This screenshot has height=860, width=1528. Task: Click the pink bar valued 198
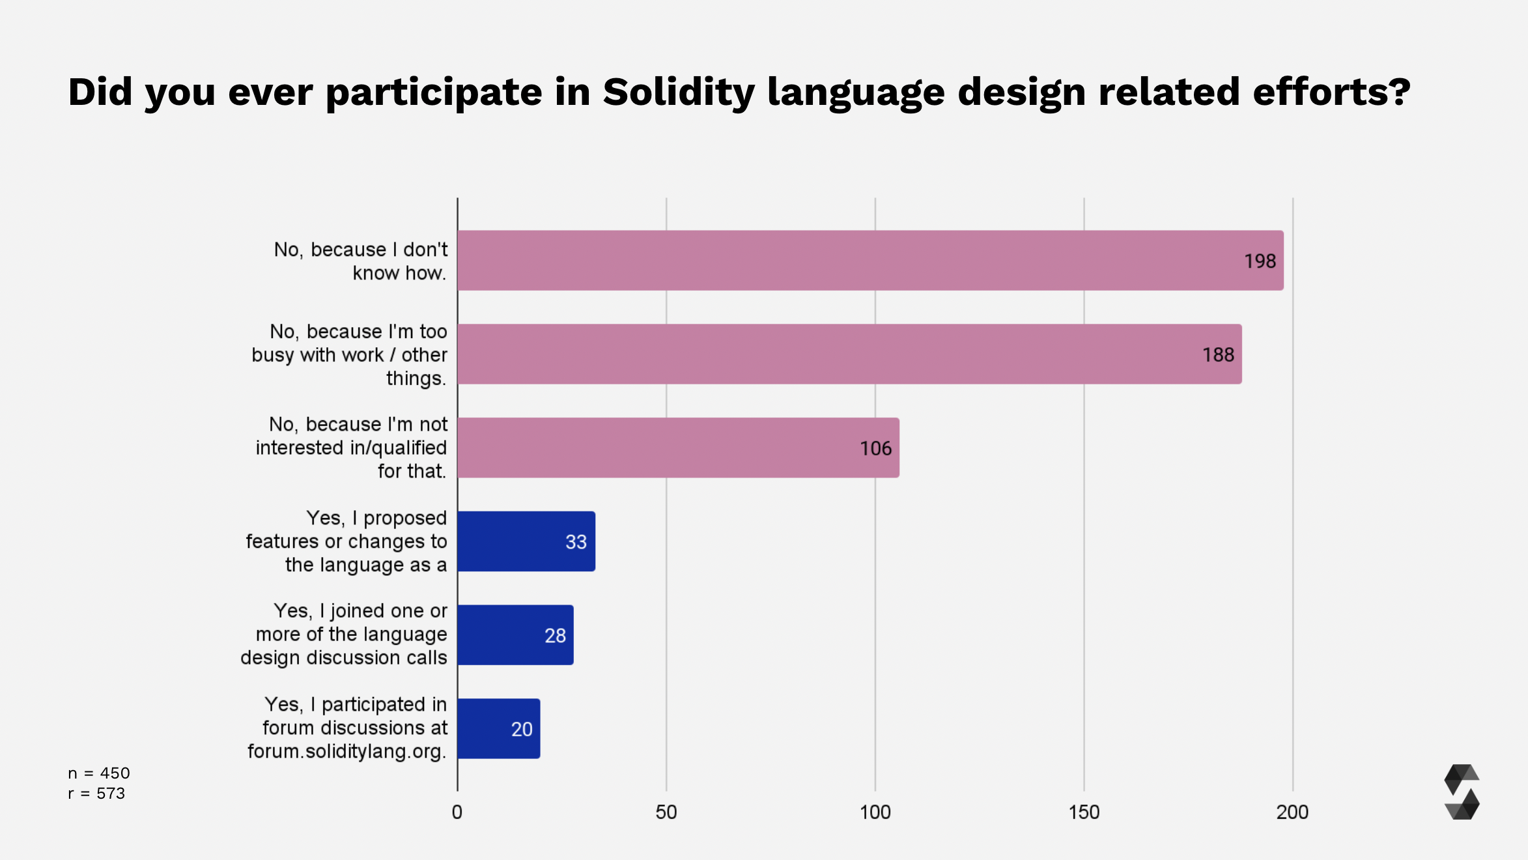pos(870,261)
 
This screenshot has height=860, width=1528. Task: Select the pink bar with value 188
pos(849,354)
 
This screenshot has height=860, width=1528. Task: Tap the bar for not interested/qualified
pos(677,448)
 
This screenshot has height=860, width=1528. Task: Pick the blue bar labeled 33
pos(526,541)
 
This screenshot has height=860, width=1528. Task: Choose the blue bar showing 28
pos(515,635)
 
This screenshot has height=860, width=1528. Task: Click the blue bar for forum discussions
pos(498,729)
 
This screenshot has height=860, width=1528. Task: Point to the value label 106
pos(875,449)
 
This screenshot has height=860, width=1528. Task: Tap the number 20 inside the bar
pos(522,730)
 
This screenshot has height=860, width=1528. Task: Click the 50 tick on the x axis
pos(666,812)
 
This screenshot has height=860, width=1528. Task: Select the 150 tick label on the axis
pos(1084,812)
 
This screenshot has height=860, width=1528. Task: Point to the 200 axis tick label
pos(1292,812)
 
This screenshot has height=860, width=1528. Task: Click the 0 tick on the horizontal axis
pos(457,812)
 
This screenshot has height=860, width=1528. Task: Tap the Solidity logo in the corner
pos(1462,792)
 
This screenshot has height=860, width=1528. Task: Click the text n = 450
pos(99,773)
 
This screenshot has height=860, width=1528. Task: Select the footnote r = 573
pos(96,794)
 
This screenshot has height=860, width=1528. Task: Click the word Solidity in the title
pos(678,92)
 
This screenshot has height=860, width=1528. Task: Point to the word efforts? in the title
pos(1331,92)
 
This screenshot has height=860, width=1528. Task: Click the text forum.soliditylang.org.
pos(347,752)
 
